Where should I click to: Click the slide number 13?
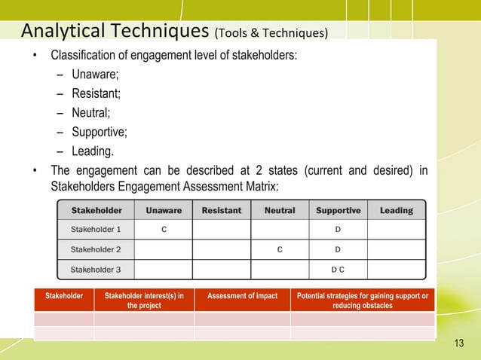point(459,344)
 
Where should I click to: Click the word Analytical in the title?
point(65,31)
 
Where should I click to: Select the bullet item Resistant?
point(96,94)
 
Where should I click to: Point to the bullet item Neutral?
point(92,114)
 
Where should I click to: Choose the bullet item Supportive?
point(100,133)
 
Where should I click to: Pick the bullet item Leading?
point(93,152)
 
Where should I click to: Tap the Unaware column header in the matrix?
point(163,211)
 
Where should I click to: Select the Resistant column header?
point(222,211)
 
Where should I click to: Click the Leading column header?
point(396,211)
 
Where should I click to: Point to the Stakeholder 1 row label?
point(96,228)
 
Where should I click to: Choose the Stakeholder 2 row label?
point(96,249)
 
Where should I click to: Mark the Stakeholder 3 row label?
point(96,268)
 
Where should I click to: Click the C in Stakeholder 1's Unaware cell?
point(164,228)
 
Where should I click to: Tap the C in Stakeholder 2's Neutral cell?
point(280,249)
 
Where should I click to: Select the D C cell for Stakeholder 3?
point(338,268)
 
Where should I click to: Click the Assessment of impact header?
point(242,296)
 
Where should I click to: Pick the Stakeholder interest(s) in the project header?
point(144,301)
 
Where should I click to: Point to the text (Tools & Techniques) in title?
point(271,33)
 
